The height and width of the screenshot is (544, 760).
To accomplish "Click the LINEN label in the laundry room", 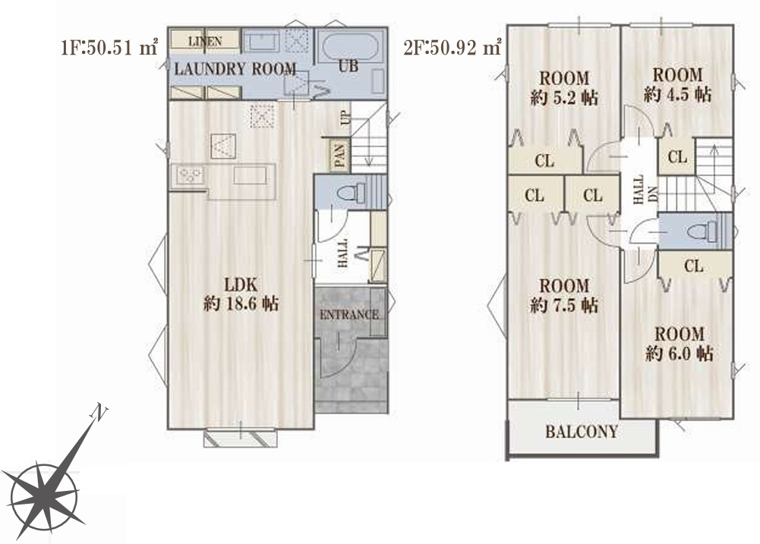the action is coord(205,42).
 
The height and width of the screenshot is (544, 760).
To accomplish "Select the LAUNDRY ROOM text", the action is coord(235,69).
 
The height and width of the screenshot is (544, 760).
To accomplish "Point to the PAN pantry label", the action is coord(340,156).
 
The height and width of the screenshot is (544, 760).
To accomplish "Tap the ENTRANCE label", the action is coord(349,315).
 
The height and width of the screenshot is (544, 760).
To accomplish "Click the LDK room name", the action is coord(241,285).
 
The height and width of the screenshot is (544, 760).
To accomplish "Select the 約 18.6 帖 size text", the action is coord(241,303).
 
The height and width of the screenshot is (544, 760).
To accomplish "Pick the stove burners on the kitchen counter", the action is coord(190,175).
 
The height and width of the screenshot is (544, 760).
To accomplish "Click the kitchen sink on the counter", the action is coord(250,175).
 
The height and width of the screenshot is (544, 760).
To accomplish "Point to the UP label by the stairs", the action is coord(345,118).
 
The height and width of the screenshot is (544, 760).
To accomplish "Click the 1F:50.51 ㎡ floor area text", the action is coord(110,48).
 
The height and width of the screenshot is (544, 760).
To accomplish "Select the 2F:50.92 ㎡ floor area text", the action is coord(453,48).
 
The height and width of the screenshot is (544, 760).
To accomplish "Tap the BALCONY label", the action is coord(582,431).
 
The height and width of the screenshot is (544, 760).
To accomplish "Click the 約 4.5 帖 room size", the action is coord(677,94).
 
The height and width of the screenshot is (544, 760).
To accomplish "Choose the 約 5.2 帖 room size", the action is coord(564,98).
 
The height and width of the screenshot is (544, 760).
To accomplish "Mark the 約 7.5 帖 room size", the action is coord(564,306).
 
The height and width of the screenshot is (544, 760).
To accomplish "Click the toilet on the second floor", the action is coord(702,231).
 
